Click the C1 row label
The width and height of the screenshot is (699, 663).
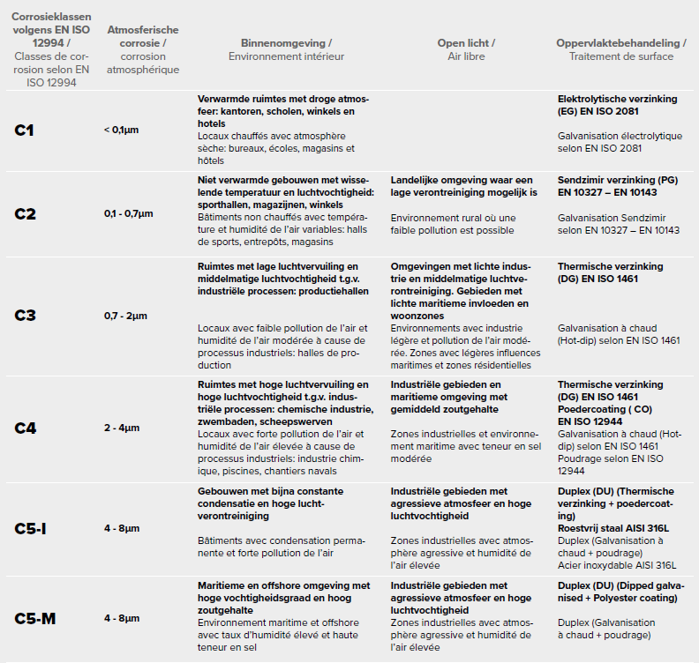click(25, 130)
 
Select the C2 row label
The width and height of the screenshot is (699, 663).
click(26, 213)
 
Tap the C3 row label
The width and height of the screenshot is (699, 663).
click(26, 316)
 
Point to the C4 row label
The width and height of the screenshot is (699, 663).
click(26, 428)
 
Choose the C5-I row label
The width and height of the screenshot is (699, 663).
click(32, 529)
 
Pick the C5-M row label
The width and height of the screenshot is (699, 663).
click(35, 618)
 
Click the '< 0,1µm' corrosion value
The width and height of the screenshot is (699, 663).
click(121, 130)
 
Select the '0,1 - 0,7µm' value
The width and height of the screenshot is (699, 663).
click(128, 213)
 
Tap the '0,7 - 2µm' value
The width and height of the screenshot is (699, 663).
click(125, 316)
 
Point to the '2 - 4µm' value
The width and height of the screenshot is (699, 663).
click(122, 428)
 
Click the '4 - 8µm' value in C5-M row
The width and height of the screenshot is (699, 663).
click(122, 618)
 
